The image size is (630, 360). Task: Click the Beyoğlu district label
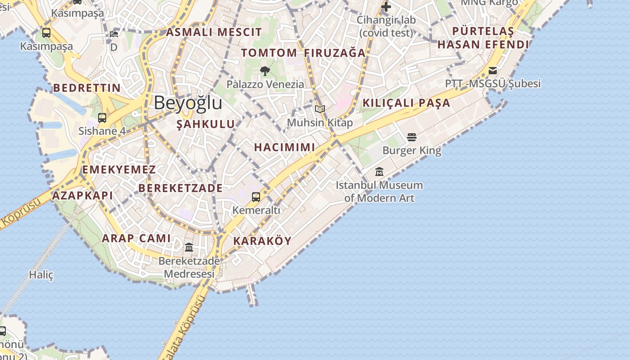(188, 103)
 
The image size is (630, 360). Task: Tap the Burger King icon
(411, 137)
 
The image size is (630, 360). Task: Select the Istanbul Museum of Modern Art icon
(379, 172)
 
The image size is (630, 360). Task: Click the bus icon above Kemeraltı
(256, 197)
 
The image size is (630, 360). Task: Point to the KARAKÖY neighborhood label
(262, 241)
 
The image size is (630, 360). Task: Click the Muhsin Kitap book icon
(320, 109)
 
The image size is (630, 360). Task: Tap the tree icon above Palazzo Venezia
(265, 71)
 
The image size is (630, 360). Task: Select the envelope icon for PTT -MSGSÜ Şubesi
(493, 71)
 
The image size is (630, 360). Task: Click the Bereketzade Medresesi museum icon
(189, 247)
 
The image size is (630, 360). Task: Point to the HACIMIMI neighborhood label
(284, 147)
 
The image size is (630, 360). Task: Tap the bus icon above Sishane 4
(102, 118)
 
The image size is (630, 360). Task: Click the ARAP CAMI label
(136, 238)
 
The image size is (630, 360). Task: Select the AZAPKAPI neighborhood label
(82, 196)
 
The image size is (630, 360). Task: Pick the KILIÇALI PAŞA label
(406, 103)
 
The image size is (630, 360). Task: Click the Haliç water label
(41, 274)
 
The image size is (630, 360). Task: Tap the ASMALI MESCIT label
(214, 32)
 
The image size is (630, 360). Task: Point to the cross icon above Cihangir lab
(386, 7)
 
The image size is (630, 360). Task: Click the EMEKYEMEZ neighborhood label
(119, 170)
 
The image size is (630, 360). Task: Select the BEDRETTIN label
(87, 88)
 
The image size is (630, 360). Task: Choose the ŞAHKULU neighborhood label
(206, 124)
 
